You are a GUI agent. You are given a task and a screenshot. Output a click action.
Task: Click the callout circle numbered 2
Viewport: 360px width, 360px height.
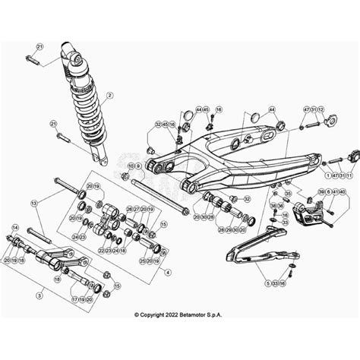[x=109, y=96]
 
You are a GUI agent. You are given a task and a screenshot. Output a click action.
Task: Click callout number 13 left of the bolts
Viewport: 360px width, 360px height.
[x=33, y=204]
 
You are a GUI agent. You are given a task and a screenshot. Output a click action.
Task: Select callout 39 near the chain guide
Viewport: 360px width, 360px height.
[x=321, y=193]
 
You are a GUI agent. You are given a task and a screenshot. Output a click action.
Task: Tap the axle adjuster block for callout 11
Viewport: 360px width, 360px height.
[x=351, y=156]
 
